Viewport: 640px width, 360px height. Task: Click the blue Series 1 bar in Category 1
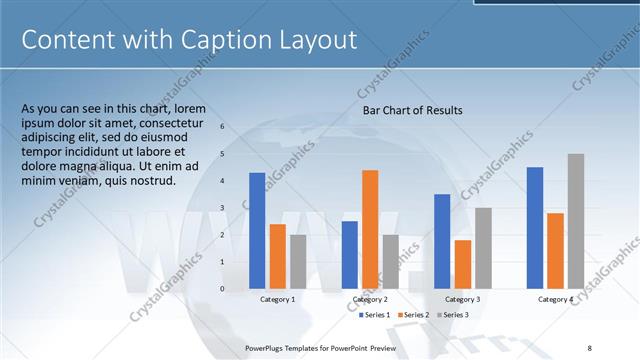(x=257, y=230)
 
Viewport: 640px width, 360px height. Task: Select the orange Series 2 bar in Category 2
(x=370, y=229)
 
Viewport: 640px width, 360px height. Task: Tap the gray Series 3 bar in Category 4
(x=575, y=221)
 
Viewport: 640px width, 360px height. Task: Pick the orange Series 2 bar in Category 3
(x=462, y=264)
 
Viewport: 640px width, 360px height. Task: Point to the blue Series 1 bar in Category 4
(x=535, y=227)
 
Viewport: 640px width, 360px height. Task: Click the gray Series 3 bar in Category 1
(x=298, y=261)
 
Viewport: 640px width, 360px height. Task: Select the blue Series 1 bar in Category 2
(x=349, y=254)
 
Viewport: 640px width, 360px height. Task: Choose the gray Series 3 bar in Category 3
(x=483, y=248)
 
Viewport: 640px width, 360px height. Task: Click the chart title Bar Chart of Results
(x=412, y=111)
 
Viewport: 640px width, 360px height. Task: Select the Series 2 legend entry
(x=412, y=315)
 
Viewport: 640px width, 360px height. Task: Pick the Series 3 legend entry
(x=451, y=315)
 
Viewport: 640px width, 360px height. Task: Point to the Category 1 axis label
(x=277, y=299)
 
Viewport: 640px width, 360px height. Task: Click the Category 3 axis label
(x=462, y=299)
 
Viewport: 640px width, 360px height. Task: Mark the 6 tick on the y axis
(x=222, y=127)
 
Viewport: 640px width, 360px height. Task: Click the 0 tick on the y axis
(x=222, y=289)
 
